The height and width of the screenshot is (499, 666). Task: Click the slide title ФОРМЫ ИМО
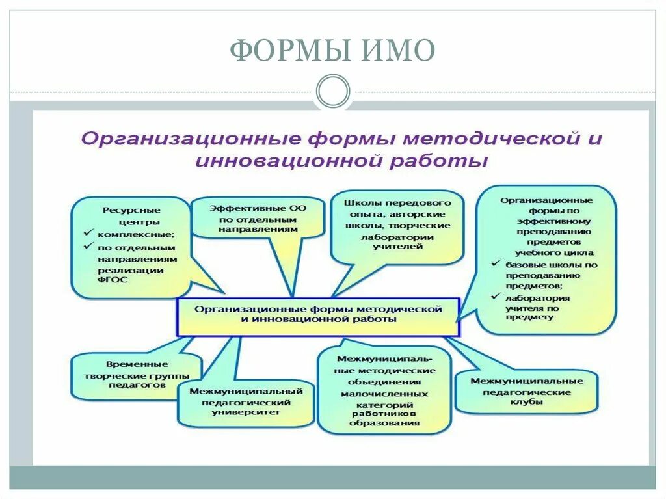[x=332, y=51]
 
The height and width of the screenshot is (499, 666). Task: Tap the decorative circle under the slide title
[x=332, y=91]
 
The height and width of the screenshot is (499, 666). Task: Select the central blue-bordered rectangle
[x=318, y=316]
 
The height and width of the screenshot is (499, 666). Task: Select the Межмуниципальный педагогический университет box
[x=246, y=402]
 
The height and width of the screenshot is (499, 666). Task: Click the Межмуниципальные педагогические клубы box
[x=527, y=392]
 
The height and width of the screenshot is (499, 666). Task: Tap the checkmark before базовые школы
[x=494, y=265]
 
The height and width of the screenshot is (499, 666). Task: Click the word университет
[x=246, y=412]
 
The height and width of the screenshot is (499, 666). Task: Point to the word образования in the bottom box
[x=383, y=423]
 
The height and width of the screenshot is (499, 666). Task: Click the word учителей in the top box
[x=397, y=247]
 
